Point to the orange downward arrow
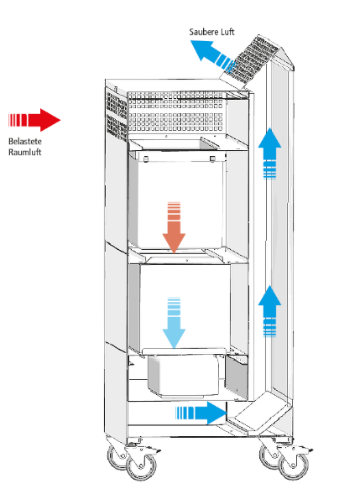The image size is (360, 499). [174, 226]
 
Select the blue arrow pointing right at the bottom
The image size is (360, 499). [201, 412]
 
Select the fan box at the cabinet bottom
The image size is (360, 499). [185, 376]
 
